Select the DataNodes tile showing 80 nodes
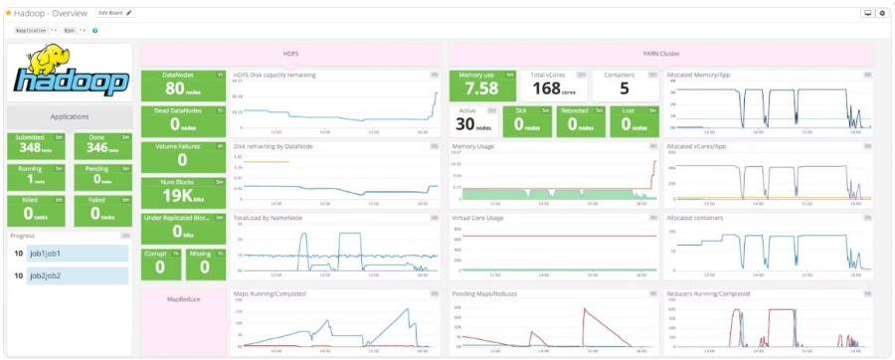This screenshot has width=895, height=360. coord(183,87)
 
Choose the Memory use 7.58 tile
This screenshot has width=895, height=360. coord(482,87)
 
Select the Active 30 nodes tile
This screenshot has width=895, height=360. coord(473,121)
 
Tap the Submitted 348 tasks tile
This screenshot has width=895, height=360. coord(36,143)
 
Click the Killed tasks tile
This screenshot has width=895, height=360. coord(36,209)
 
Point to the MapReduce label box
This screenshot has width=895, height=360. coord(183,297)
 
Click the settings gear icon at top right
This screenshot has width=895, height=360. coord(881,13)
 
